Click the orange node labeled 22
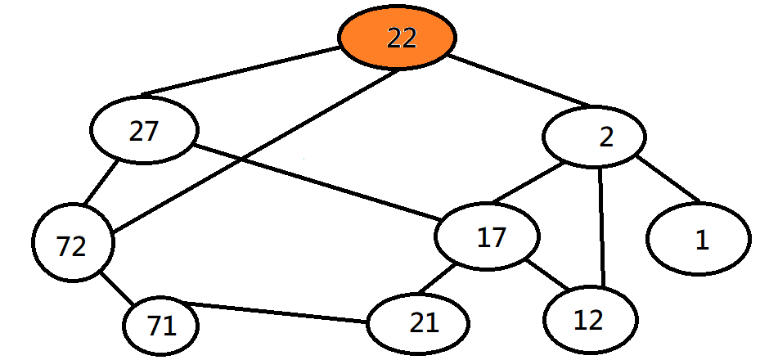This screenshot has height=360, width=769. [x=398, y=38]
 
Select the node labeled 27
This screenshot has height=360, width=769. [x=145, y=133]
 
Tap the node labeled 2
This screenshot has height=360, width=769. [x=595, y=137]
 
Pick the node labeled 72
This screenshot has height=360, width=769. [x=73, y=245]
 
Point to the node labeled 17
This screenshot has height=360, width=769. [x=488, y=237]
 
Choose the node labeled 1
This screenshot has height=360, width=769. [x=699, y=240]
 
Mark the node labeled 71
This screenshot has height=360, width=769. [x=161, y=326]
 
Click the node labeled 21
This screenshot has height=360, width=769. [x=419, y=323]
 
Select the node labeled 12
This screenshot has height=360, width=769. [x=589, y=320]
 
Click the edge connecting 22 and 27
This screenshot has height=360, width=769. [x=241, y=71]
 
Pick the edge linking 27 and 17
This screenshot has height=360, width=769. [x=319, y=182]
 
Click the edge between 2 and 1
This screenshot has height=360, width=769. [x=668, y=178]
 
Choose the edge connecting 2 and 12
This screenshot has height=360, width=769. [x=602, y=227]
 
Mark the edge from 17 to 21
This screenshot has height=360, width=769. [x=442, y=281]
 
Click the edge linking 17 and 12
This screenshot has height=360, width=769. [x=547, y=275]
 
